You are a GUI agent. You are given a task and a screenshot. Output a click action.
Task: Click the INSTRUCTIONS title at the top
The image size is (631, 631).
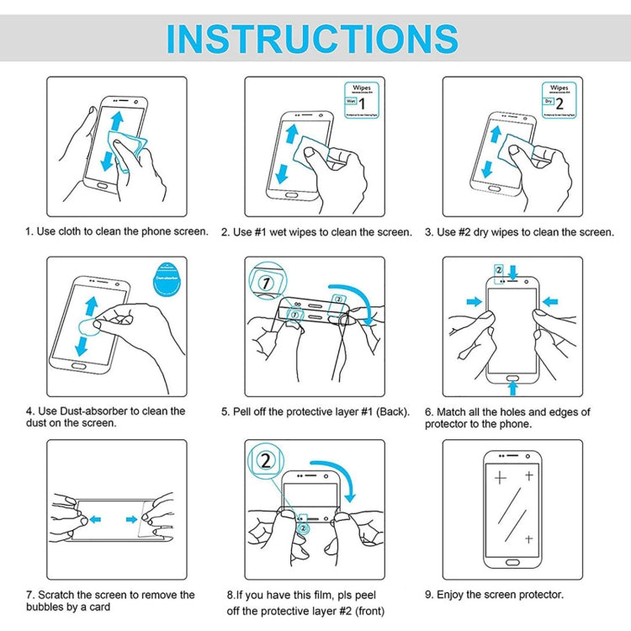[312, 39]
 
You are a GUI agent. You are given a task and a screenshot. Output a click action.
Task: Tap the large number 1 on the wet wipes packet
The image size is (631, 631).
[362, 103]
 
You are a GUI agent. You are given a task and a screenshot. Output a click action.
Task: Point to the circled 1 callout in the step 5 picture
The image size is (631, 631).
[266, 283]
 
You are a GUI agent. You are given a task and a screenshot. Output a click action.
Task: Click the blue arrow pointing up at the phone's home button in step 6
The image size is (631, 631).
[513, 387]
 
